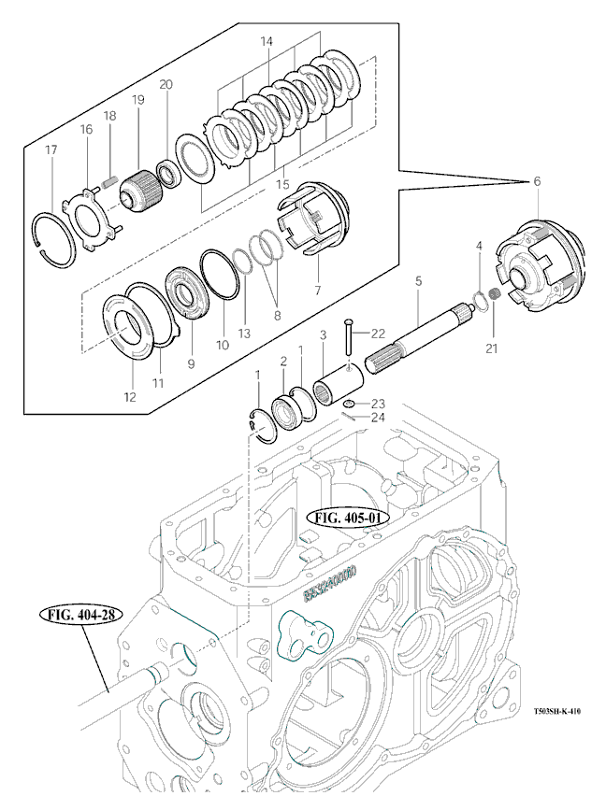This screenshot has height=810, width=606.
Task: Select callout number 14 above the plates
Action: pos(267,42)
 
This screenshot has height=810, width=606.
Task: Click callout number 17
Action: pos(51,150)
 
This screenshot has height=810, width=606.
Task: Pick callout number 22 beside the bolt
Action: pos(377,334)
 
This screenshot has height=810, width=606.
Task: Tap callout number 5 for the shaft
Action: pos(418,280)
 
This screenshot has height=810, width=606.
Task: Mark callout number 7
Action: pos(317,290)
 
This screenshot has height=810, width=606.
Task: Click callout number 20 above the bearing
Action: pos(166,84)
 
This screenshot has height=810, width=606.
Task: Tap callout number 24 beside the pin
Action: pos(378,417)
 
